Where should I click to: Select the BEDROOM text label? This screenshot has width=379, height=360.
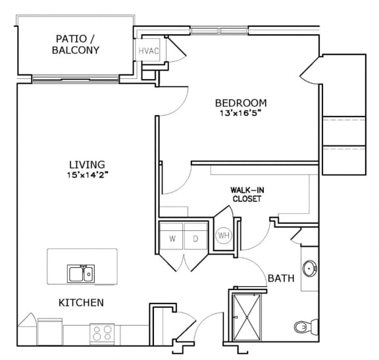coord(241,103)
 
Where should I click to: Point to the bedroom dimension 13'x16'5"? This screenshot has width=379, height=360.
coord(241,113)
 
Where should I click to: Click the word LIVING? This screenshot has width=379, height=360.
coord(88,164)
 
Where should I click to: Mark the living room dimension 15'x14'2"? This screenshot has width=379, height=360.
coord(88,175)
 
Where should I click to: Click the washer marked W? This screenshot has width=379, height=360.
coord(172,238)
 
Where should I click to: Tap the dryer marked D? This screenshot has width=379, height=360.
coord(195,238)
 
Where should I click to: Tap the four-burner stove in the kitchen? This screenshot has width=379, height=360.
coord(102,333)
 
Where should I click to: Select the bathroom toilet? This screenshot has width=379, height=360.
coord(303,326)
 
